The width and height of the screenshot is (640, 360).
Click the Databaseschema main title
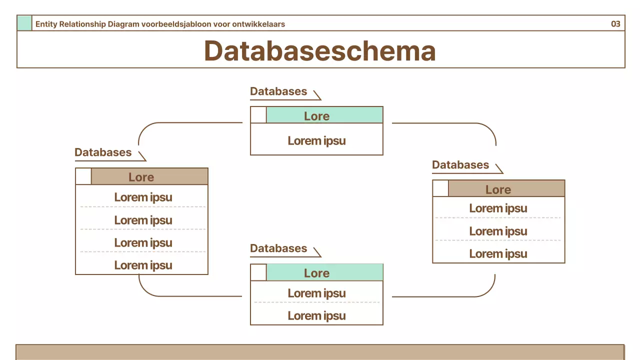pos(319,50)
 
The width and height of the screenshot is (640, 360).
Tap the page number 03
pos(615,23)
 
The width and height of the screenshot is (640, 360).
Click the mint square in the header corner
pos(24,23)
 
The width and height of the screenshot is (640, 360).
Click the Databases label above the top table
pos(278,91)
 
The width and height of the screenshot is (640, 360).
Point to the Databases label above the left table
pos(103,152)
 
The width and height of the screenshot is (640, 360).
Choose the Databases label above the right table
pos(460,165)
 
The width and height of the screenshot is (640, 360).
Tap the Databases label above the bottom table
pos(278,248)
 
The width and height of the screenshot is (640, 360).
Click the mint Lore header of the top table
pos(324,115)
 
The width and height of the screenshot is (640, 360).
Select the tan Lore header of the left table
pos(149,177)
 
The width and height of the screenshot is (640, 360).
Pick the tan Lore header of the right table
pos(506,189)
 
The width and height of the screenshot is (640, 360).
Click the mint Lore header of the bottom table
pos(324,273)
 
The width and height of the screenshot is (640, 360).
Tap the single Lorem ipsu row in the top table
pos(316,140)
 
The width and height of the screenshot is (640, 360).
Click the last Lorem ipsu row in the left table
pos(143,265)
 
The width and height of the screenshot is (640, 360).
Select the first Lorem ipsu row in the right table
pos(498,208)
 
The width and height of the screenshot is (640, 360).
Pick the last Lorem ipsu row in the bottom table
pos(316,315)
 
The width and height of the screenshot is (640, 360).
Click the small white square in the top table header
pos(258,115)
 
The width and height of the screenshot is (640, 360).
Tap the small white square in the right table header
pos(440,188)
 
